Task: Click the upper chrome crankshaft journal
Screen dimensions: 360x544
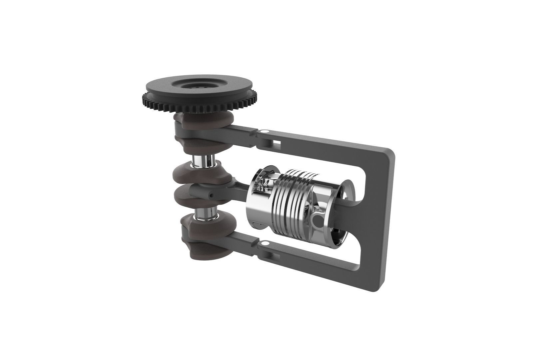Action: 205,161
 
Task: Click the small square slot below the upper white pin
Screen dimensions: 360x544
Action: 275,142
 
